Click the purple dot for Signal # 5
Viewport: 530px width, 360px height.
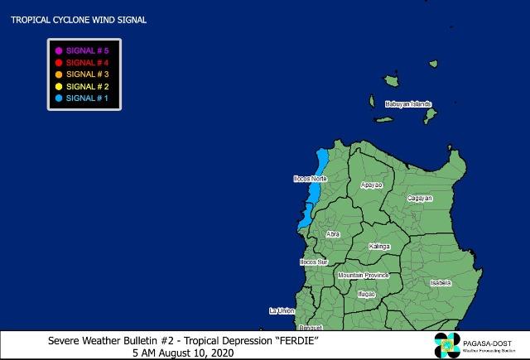(59, 50)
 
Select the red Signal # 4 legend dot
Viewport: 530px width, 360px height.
(59, 62)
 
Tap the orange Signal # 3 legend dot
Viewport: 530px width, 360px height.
(59, 74)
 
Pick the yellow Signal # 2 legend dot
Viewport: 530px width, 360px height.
(59, 85)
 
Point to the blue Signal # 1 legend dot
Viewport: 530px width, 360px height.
(59, 97)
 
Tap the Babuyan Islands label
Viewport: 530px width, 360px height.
(408, 104)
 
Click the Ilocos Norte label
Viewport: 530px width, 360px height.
(311, 179)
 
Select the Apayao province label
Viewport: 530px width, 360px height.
(372, 185)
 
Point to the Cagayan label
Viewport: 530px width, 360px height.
(422, 199)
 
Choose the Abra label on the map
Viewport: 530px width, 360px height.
(333, 234)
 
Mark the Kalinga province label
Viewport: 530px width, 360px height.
(379, 247)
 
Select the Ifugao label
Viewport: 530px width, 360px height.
(366, 294)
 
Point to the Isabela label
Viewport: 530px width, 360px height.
(441, 282)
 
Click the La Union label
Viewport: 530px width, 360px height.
(282, 310)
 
